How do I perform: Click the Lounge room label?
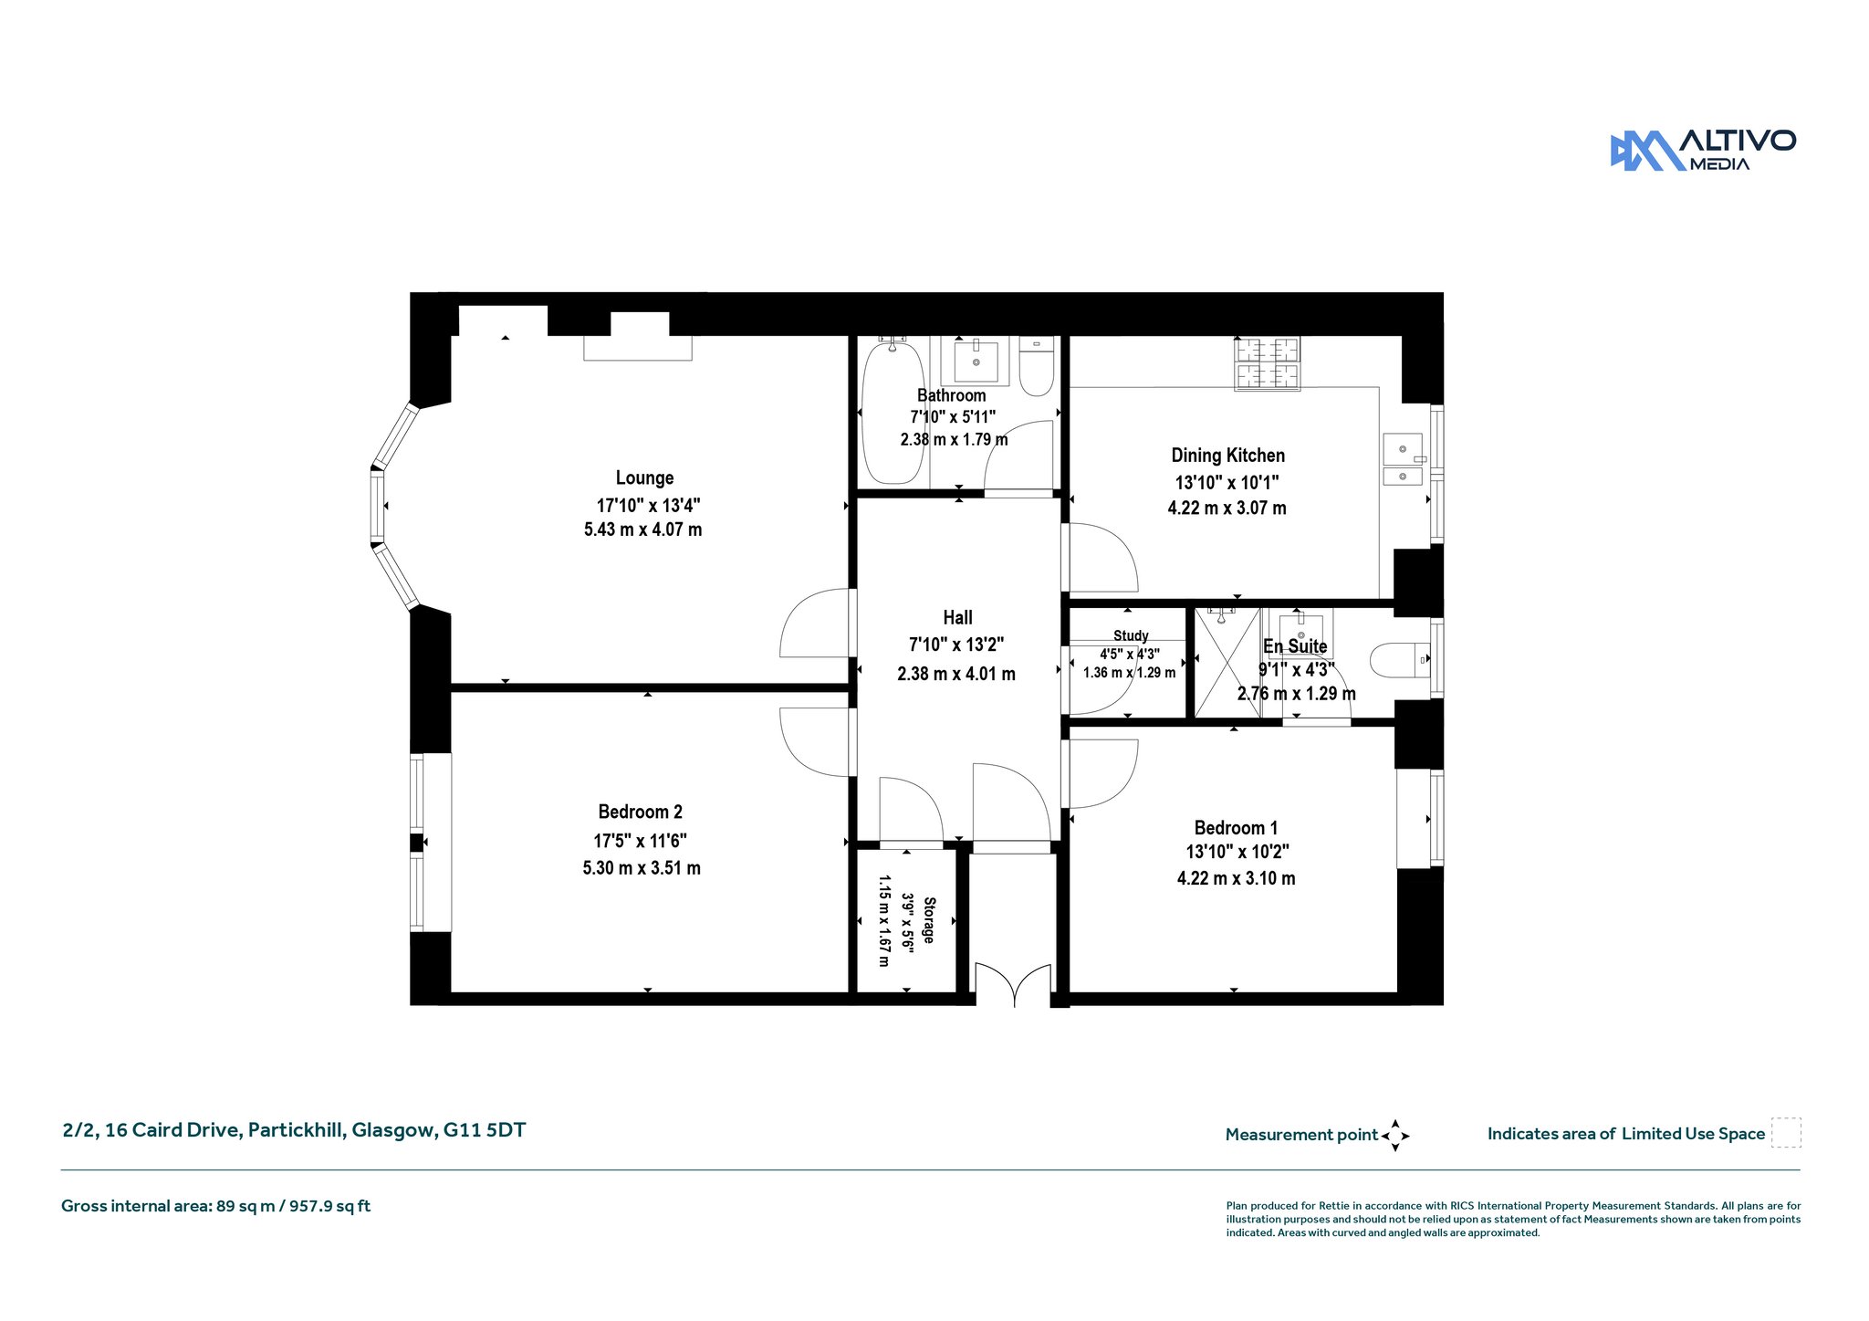644,477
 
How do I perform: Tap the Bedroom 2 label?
641,812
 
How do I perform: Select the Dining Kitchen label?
1227,456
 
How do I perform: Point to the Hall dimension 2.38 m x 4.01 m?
956,674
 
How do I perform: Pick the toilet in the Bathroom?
1036,366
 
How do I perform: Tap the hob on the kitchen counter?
1267,363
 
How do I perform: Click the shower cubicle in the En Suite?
1228,663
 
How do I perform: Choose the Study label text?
1131,635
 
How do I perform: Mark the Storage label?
929,920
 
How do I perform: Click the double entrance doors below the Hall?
1014,984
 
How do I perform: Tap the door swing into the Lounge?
814,623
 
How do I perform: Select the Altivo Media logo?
1703,151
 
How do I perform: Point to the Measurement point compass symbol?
1394,1136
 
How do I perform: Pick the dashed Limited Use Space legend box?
1786,1133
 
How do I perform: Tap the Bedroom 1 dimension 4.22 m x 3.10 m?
1236,878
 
